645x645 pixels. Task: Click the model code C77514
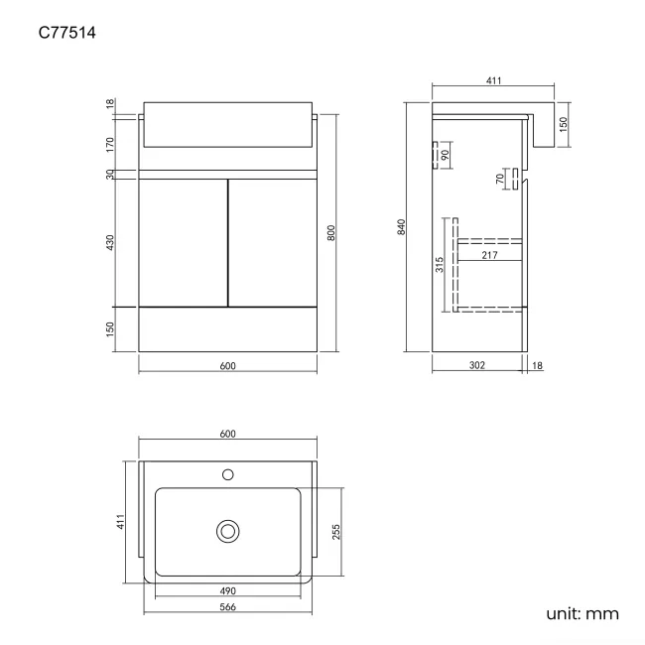click(x=67, y=34)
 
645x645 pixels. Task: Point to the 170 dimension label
click(x=111, y=144)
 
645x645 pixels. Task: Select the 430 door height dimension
click(x=111, y=241)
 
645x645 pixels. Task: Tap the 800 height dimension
click(x=331, y=233)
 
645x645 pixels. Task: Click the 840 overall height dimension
click(x=402, y=227)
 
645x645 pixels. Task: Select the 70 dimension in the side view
click(x=499, y=179)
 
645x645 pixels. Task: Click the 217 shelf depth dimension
click(x=489, y=255)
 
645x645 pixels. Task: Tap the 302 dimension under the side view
click(x=476, y=366)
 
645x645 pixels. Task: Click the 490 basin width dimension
click(x=227, y=590)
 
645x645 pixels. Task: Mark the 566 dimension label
click(x=227, y=608)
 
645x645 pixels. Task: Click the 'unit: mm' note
click(x=582, y=614)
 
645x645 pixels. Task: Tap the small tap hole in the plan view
click(x=227, y=474)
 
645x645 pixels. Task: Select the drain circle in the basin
click(x=227, y=532)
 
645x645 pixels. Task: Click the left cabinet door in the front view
click(x=183, y=242)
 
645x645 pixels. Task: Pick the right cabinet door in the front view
click(x=273, y=242)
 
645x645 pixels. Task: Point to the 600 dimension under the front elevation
click(x=227, y=366)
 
